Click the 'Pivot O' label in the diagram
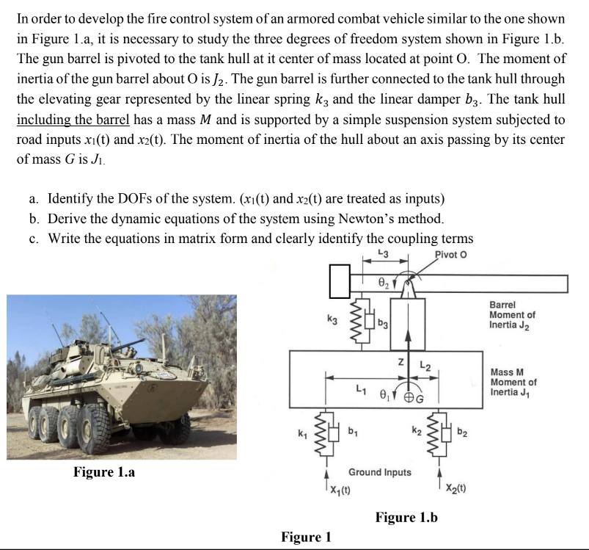point(450,255)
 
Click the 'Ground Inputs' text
point(380,471)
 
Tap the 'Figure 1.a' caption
point(103,471)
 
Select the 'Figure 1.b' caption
point(406,517)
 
